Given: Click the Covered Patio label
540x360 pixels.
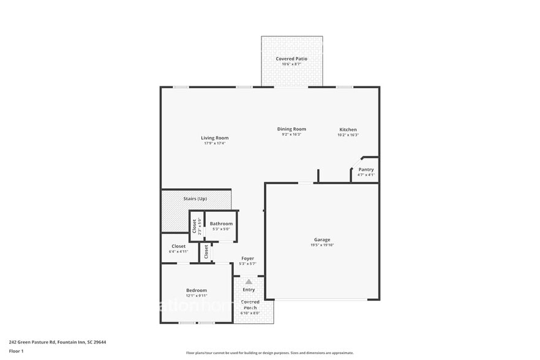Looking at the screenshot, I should pyautogui.click(x=291, y=59).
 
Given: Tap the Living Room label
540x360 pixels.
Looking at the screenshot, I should pyautogui.click(x=214, y=138).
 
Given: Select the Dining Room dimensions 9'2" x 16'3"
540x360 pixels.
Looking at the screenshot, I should pyautogui.click(x=291, y=135).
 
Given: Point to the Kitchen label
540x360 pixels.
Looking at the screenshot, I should pyautogui.click(x=348, y=129).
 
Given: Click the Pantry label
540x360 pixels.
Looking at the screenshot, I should pyautogui.click(x=366, y=169).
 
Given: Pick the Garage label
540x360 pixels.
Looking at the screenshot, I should pyautogui.click(x=322, y=239).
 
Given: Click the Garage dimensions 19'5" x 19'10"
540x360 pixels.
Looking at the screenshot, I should pyautogui.click(x=322, y=245).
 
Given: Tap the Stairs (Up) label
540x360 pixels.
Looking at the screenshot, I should pyautogui.click(x=195, y=199).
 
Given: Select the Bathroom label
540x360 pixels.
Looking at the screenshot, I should pyautogui.click(x=221, y=223).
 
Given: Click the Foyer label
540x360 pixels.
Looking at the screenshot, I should pyautogui.click(x=247, y=258).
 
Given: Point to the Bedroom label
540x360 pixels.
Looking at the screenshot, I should pyautogui.click(x=197, y=290).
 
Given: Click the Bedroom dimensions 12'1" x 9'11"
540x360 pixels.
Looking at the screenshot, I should pyautogui.click(x=197, y=295).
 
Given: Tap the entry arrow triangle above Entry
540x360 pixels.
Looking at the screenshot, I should pyautogui.click(x=249, y=282).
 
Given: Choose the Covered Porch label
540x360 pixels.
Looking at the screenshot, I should pyautogui.click(x=250, y=304).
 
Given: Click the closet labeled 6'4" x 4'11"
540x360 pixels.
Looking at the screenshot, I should pyautogui.click(x=178, y=249).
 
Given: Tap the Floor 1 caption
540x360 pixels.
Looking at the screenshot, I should pyautogui.click(x=16, y=351).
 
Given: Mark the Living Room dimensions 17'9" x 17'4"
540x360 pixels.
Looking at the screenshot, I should pyautogui.click(x=214, y=143).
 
